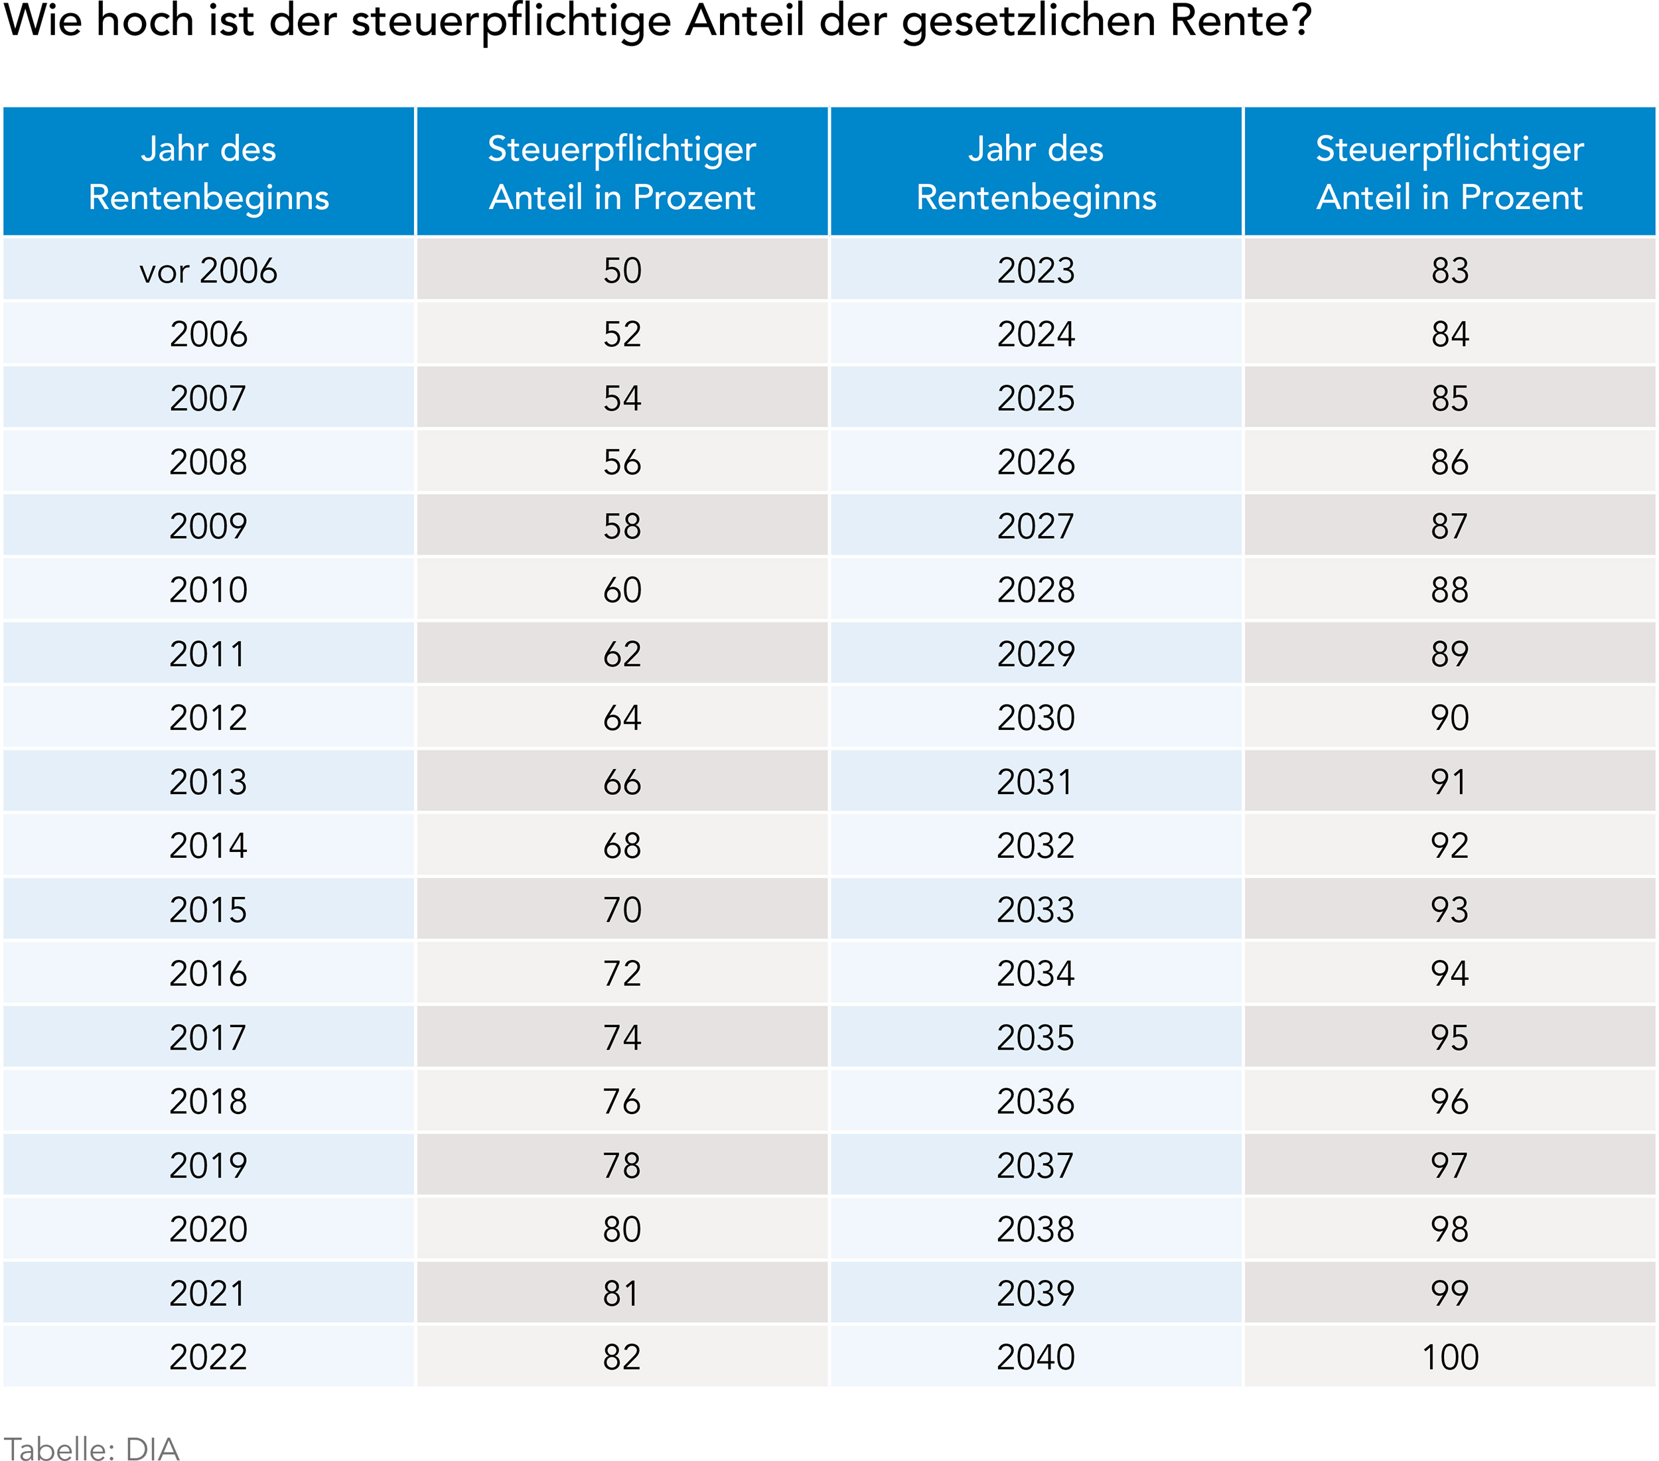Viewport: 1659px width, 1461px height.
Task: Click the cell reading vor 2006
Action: [208, 270]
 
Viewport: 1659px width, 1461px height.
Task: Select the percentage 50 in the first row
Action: [622, 270]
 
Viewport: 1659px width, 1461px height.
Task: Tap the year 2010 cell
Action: [208, 589]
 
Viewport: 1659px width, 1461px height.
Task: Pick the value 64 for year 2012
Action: [622, 717]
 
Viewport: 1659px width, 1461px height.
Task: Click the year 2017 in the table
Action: [208, 1037]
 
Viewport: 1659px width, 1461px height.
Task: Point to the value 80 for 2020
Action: [622, 1229]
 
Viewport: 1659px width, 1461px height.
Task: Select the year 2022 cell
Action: [208, 1357]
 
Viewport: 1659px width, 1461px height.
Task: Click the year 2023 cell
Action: [1036, 270]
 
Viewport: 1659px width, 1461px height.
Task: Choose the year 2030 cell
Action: [1036, 717]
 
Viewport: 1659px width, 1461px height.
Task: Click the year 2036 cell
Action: [1036, 1101]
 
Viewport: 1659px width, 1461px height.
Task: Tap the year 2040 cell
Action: [1036, 1357]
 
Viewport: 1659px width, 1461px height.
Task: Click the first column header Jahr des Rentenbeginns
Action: [208, 172]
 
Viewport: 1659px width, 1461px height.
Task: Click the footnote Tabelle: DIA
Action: [91, 1449]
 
